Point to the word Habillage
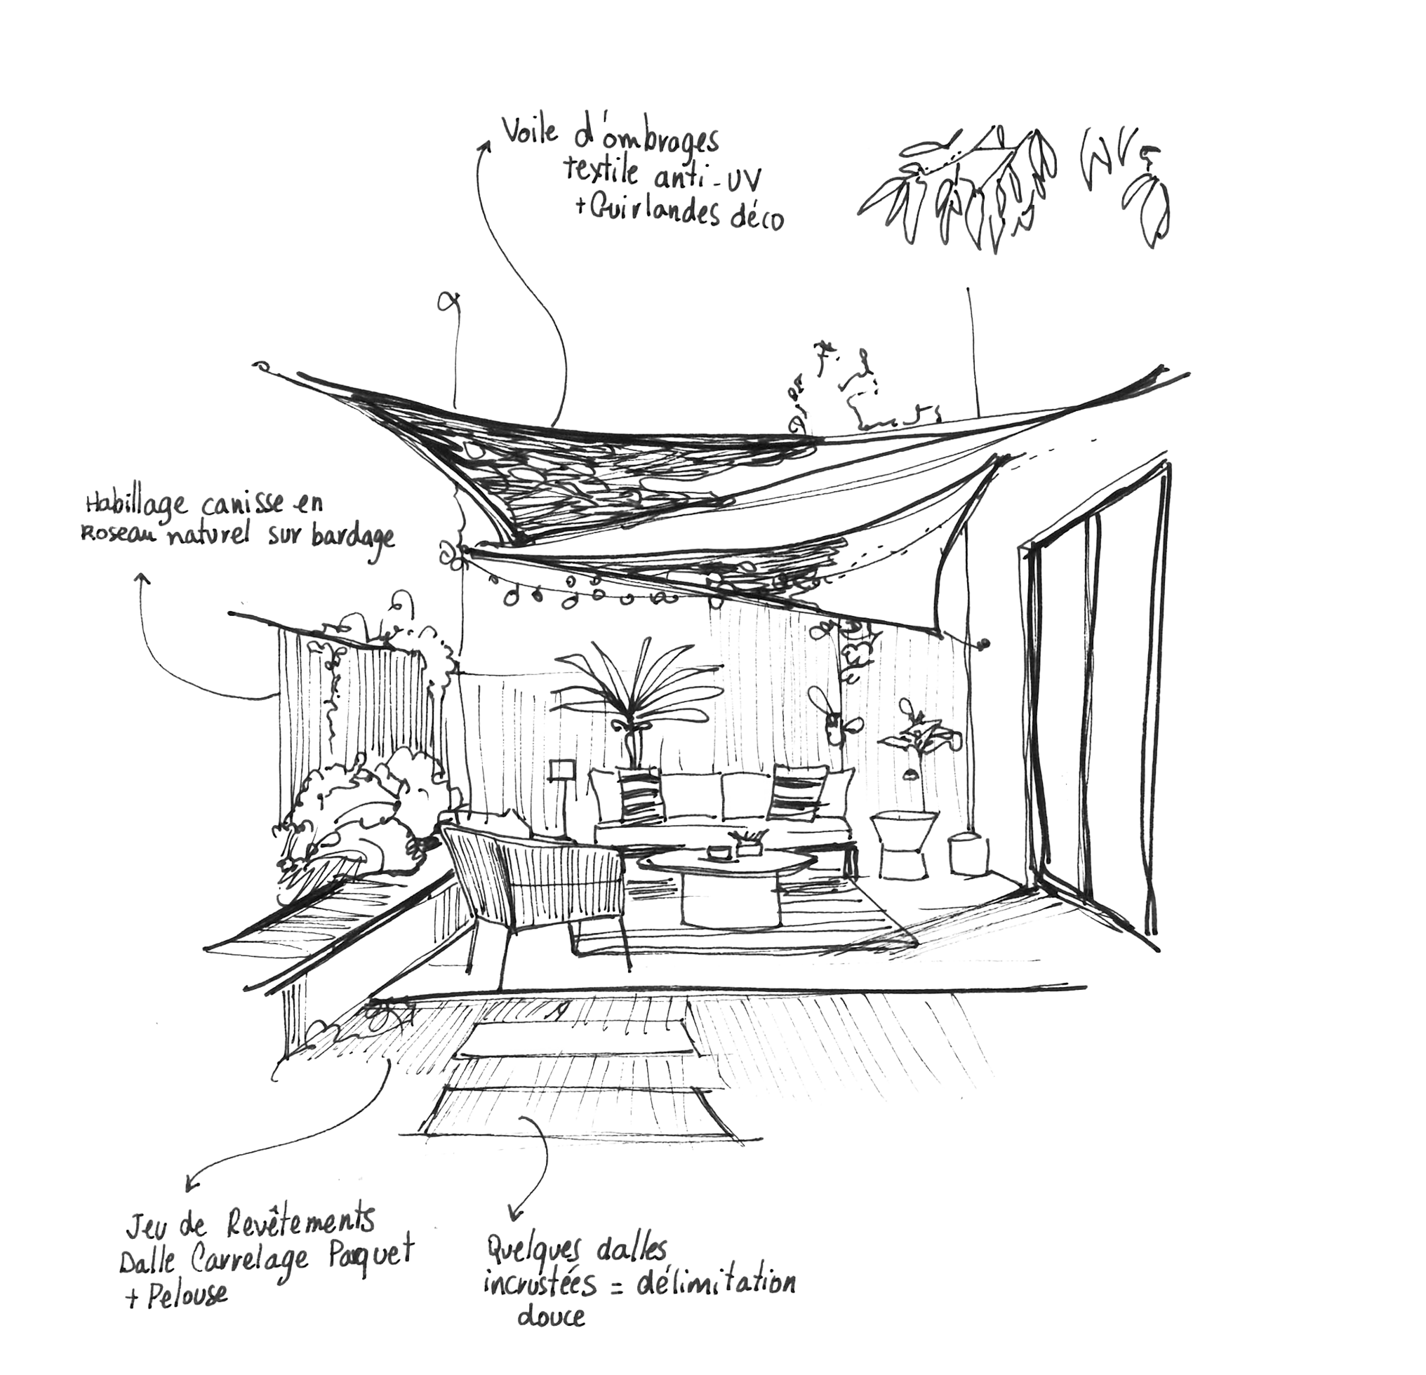136,504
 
